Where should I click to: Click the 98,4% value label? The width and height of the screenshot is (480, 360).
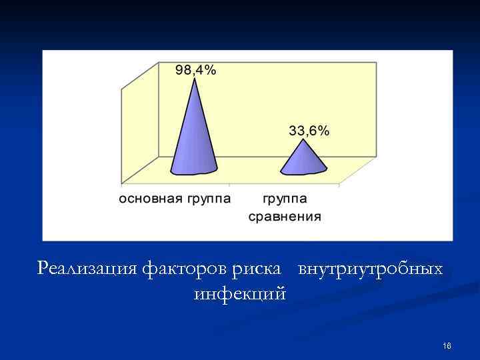[195, 71]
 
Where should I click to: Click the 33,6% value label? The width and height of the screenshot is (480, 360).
[309, 131]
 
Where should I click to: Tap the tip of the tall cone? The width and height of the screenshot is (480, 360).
[195, 80]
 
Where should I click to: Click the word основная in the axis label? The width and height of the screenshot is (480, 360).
[148, 199]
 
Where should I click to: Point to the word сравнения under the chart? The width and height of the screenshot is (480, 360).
[285, 216]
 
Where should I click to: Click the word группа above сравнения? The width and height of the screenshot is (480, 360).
[285, 199]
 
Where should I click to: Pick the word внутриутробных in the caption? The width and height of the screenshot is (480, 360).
[370, 269]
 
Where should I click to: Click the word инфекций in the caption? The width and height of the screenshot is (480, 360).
[240, 293]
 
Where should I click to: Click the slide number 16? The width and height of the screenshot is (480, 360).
[447, 345]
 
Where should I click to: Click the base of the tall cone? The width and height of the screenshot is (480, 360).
[194, 171]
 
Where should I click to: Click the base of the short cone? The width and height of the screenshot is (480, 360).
[303, 172]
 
